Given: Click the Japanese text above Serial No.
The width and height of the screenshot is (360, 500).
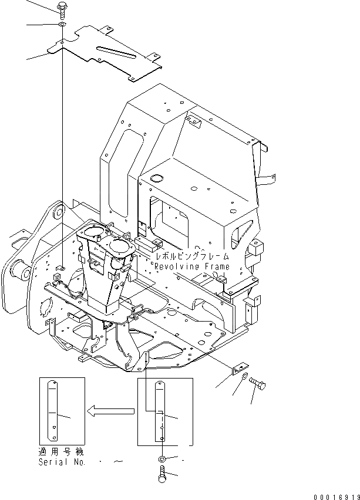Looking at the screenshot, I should (x=60, y=453).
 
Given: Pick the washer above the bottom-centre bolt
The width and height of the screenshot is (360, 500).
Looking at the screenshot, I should (x=162, y=458).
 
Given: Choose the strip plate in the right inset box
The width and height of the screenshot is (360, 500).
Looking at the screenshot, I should (x=160, y=413).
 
